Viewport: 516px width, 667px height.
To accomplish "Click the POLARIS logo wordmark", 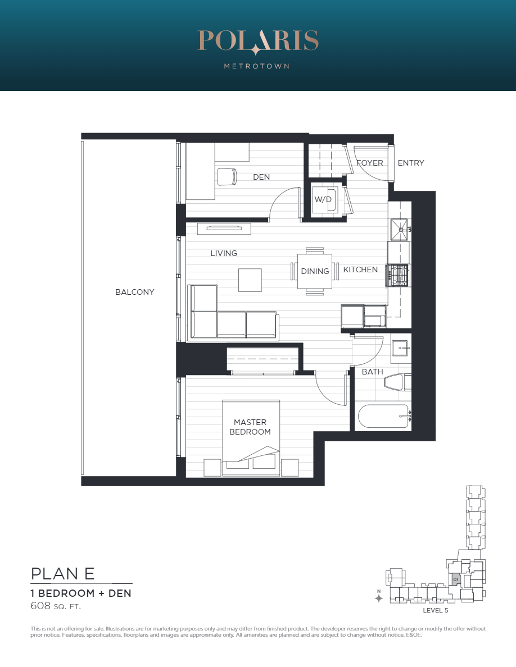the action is coord(258,41).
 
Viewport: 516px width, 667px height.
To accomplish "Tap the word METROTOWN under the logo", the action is coord(257,66).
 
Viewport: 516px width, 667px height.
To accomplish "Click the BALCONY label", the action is coord(134,292).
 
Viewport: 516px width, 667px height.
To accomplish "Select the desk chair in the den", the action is coord(227,176).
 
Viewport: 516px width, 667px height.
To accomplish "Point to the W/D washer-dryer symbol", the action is coord(324,199).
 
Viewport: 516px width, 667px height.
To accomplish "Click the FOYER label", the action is coord(369,163).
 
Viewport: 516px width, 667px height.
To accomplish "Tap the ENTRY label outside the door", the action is coord(411,163).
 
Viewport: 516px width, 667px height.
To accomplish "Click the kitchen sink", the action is coord(399,230).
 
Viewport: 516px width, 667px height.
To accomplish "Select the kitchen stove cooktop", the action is coord(397,275).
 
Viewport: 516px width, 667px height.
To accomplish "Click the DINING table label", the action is coord(315,271).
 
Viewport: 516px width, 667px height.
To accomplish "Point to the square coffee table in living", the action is coord(250,280).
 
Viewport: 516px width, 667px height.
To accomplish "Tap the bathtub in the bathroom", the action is coord(383,417).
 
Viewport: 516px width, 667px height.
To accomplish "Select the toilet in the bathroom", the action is coord(397,382).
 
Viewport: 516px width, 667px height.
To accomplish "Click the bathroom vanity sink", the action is coord(400,349).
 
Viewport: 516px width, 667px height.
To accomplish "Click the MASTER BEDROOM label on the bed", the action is coord(250,427).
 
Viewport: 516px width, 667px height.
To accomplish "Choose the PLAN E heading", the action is coord(62,574).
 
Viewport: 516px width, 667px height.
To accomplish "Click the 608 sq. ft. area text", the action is coord(55,606).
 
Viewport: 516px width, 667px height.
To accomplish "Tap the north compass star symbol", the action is coord(378,598).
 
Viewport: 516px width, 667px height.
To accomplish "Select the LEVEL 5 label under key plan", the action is coord(435,610).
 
